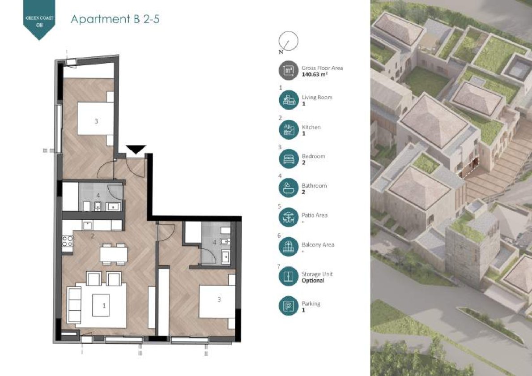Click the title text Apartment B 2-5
(115, 19)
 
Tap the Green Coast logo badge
(39, 19)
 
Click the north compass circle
(289, 41)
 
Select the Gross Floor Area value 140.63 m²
(315, 74)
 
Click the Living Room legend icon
(289, 100)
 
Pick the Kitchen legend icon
(289, 130)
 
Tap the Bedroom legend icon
(289, 159)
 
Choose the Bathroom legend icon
(289, 188)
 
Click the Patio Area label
(315, 215)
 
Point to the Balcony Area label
(318, 245)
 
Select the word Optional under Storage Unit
(313, 281)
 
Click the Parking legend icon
(289, 306)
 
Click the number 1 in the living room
(104, 306)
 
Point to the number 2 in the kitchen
(92, 236)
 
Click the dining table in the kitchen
(114, 254)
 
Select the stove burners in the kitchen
(67, 241)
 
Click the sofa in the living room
(74, 305)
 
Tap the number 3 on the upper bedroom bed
(96, 121)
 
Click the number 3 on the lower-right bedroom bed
(219, 299)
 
